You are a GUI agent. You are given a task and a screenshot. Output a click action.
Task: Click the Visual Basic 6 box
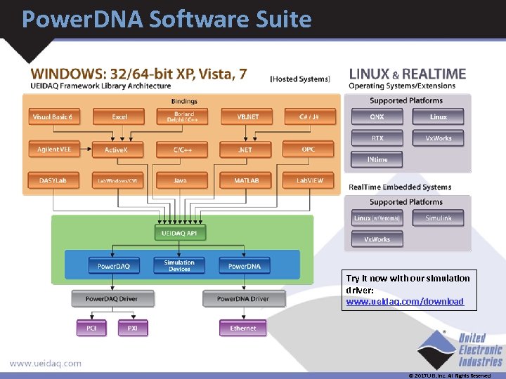coord(52,117)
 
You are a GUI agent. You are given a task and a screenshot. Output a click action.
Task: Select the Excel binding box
coord(119,117)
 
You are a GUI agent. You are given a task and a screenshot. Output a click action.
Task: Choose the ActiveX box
coord(115,149)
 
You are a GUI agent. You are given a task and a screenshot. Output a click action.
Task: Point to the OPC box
coord(308,149)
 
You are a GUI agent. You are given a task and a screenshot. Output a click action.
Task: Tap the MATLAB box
coord(246,180)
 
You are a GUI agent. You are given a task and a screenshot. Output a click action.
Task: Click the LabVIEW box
coord(309,180)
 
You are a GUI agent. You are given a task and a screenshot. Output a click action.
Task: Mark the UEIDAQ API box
coord(180,232)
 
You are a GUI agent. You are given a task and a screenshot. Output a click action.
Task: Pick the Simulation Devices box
coord(179,265)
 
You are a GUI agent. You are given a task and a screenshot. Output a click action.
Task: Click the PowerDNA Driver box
coord(242,299)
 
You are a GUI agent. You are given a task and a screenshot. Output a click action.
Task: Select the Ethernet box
coord(242,328)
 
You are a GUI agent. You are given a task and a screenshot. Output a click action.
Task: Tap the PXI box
coord(132,328)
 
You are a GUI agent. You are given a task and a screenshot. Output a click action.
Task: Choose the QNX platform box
coord(377,117)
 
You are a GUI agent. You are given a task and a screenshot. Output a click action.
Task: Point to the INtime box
coord(377,159)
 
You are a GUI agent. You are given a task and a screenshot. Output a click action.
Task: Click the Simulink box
coord(439,218)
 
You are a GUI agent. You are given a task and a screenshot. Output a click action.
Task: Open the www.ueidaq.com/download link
coord(405,302)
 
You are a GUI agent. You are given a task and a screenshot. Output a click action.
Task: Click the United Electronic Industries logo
coord(460,350)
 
